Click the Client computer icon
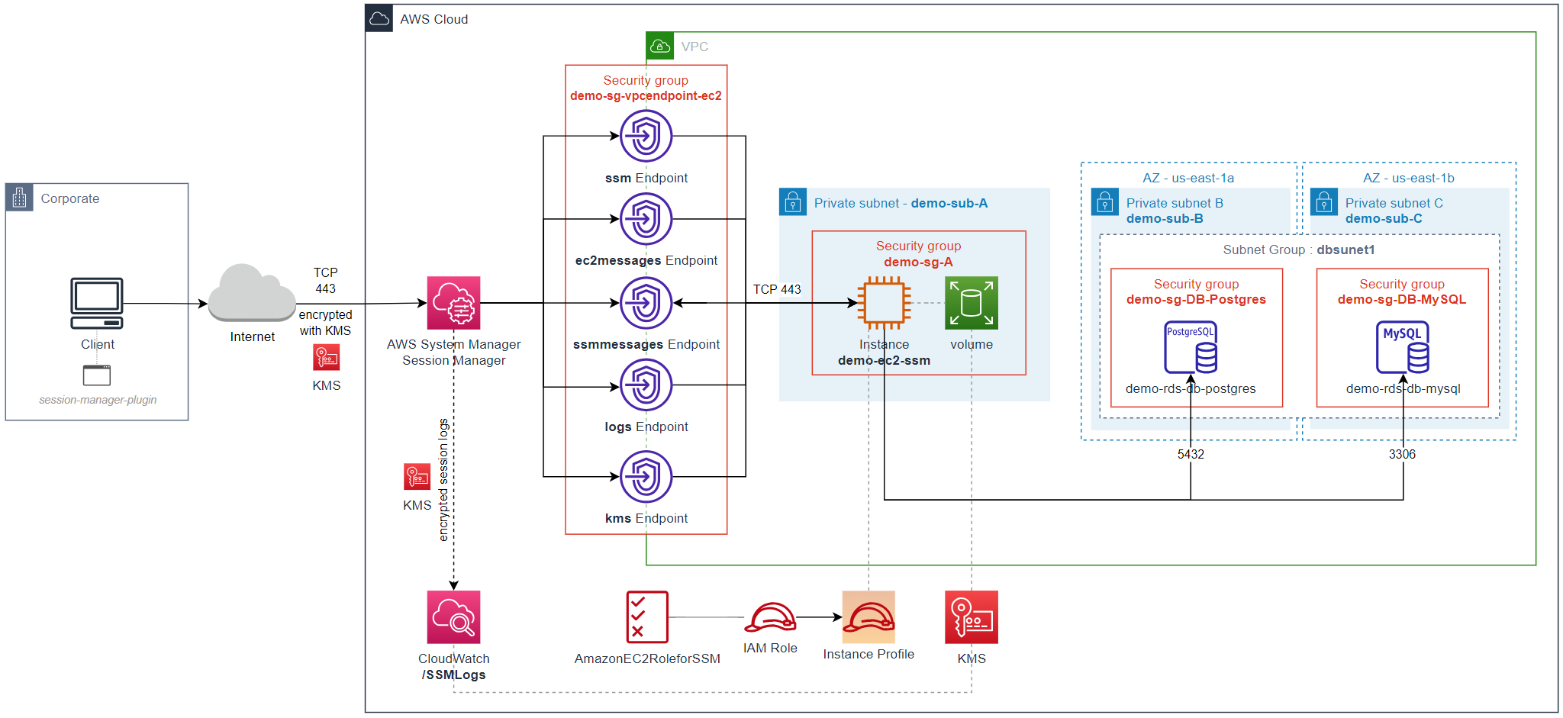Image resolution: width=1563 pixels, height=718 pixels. [97, 303]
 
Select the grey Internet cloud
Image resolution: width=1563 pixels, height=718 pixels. [252, 293]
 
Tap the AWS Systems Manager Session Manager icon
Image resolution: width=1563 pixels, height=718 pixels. [453, 303]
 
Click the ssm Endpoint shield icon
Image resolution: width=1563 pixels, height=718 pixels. [646, 137]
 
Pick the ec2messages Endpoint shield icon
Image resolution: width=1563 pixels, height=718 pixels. [646, 219]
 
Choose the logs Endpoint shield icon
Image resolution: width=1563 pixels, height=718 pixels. [646, 385]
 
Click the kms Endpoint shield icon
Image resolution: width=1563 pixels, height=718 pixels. [646, 477]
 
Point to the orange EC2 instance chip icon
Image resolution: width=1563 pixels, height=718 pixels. [884, 303]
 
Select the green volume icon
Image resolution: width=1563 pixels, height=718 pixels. [971, 303]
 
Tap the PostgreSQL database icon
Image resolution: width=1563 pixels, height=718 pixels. [1191, 347]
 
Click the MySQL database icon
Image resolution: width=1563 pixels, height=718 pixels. [1403, 347]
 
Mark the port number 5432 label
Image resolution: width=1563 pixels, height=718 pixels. [1191, 454]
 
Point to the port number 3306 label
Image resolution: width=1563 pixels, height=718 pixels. [1402, 454]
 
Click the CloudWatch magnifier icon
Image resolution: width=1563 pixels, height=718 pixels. [453, 617]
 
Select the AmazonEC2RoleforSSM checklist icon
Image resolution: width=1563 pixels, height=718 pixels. [646, 617]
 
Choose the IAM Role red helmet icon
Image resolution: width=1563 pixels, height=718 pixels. [770, 617]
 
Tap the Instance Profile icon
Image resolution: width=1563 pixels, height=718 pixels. [869, 617]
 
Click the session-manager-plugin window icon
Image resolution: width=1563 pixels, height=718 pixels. [97, 375]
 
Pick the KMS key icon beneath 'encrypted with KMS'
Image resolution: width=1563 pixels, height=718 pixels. [327, 357]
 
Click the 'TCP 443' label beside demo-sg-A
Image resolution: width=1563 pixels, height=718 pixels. [777, 289]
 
